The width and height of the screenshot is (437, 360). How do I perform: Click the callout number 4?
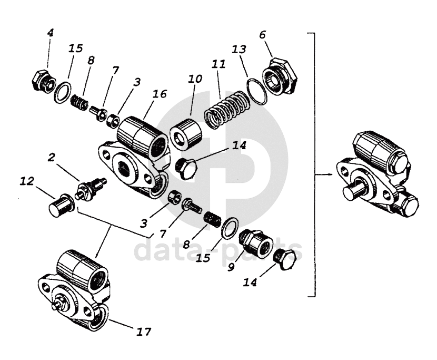pos(50,32)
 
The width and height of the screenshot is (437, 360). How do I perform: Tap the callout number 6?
pos(263,35)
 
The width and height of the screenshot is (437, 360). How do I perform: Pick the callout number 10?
pos(195,79)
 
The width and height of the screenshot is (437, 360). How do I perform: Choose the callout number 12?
pos(27,182)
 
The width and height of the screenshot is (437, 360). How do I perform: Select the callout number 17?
pos(143,332)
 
